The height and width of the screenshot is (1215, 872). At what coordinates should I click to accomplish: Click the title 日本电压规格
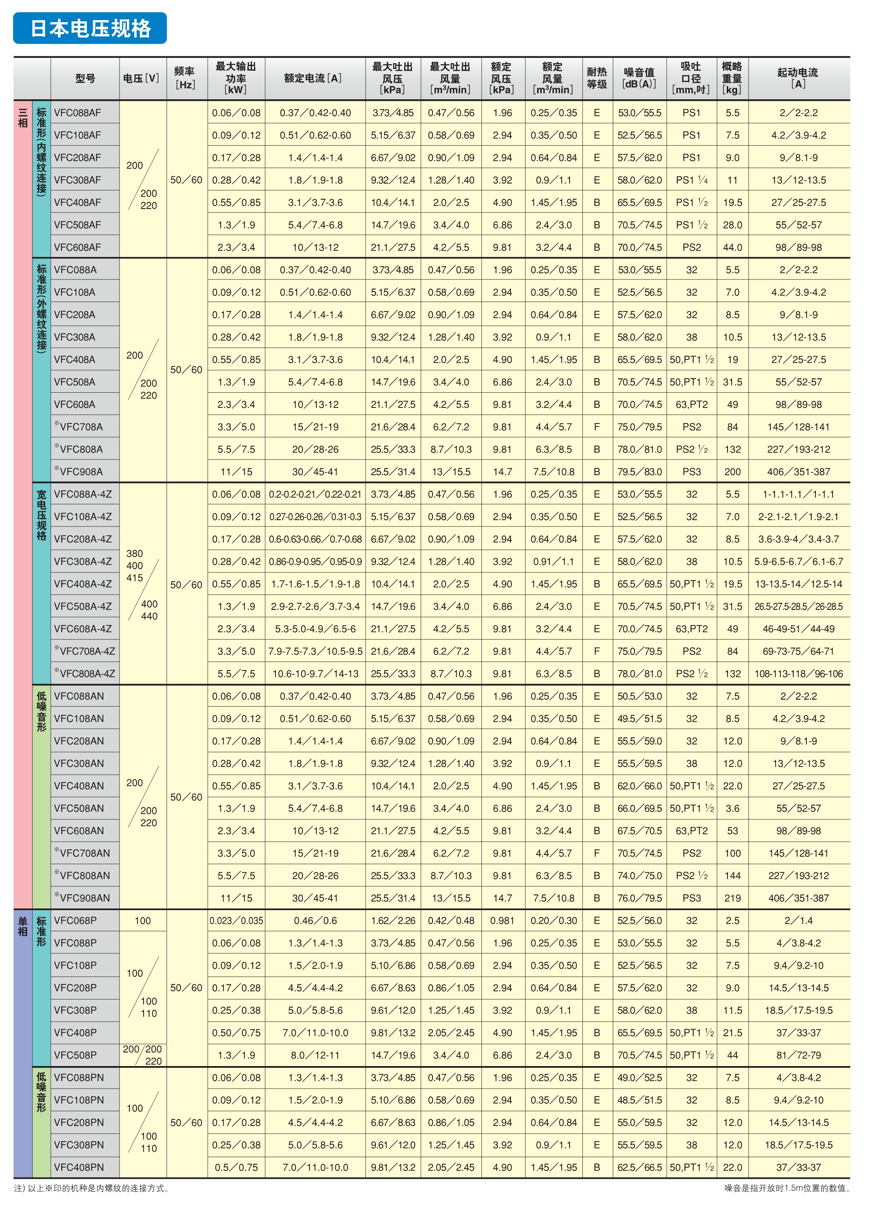[x=90, y=28]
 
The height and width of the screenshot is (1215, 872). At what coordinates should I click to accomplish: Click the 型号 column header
[x=85, y=78]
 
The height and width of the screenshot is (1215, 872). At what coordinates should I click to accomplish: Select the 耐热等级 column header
[x=597, y=78]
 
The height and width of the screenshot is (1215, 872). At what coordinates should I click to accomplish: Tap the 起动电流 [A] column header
[x=798, y=78]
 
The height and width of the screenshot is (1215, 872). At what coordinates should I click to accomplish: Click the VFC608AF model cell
[x=77, y=247]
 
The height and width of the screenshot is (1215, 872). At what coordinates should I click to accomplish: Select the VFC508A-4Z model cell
[x=82, y=606]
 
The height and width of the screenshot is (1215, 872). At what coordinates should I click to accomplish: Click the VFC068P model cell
[x=75, y=921]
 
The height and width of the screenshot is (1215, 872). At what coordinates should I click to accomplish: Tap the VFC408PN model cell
[x=79, y=1167]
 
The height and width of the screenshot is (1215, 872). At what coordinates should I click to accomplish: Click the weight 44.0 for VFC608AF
[x=732, y=247]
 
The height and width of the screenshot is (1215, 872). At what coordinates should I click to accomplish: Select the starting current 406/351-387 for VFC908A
[x=798, y=472]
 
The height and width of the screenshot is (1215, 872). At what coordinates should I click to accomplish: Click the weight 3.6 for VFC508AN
[x=732, y=808]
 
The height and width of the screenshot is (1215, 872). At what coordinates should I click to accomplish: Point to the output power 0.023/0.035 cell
[x=236, y=921]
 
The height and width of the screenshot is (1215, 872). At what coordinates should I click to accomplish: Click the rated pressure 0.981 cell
[x=502, y=921]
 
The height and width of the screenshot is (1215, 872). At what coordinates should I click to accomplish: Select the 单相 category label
[x=23, y=927]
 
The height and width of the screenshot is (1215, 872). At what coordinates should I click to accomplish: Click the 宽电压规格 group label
[x=41, y=514]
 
